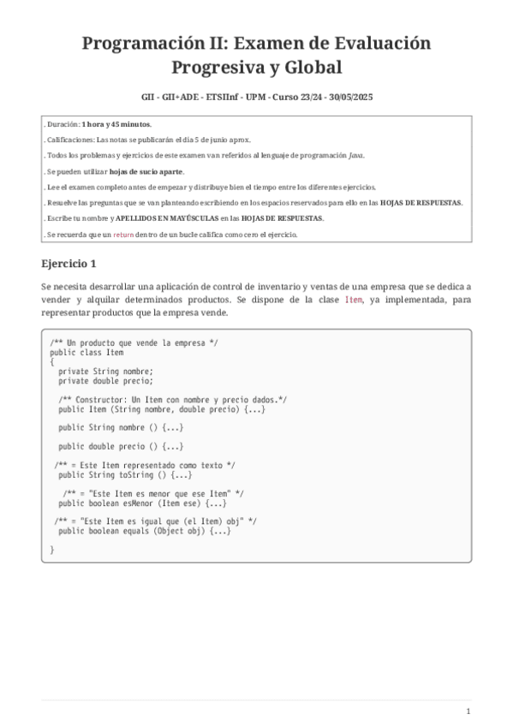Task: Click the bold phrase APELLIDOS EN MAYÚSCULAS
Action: tap(164, 218)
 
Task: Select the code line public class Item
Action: tap(86, 352)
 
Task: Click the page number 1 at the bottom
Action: tap(468, 711)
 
